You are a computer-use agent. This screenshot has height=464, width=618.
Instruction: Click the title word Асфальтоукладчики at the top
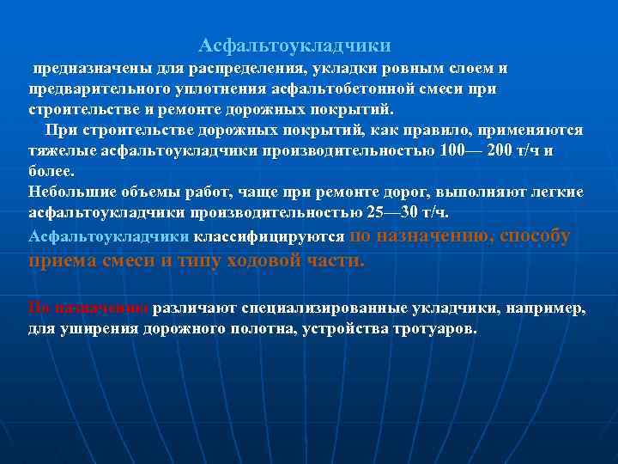294,44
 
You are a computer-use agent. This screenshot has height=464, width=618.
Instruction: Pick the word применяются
533,130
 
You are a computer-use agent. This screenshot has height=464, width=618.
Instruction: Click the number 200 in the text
500,150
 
